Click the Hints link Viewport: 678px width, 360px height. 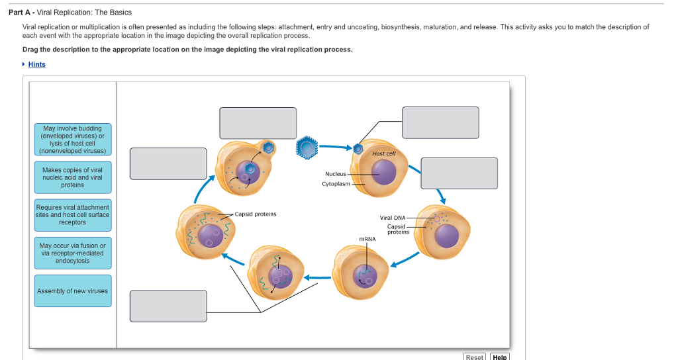[x=37, y=64]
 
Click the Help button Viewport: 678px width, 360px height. [x=499, y=357]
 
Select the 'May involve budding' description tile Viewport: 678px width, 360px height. [x=73, y=140]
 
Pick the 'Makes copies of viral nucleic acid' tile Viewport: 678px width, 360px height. [x=73, y=177]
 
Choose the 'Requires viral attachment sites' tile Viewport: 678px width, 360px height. [x=73, y=215]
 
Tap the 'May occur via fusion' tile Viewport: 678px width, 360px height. [x=73, y=253]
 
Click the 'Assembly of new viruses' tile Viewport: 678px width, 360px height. [x=73, y=291]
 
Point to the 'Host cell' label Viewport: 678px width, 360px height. [x=383, y=154]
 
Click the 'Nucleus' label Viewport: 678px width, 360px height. [x=335, y=173]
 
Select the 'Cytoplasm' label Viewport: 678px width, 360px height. [x=336, y=183]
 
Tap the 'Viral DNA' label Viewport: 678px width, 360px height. [x=393, y=218]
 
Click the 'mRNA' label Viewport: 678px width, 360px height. [x=367, y=239]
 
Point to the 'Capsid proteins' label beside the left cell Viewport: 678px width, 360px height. [x=256, y=214]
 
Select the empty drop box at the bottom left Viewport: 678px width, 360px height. [x=168, y=306]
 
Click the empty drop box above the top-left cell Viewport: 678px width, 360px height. [x=258, y=123]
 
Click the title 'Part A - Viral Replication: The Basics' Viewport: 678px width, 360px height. [x=75, y=13]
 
